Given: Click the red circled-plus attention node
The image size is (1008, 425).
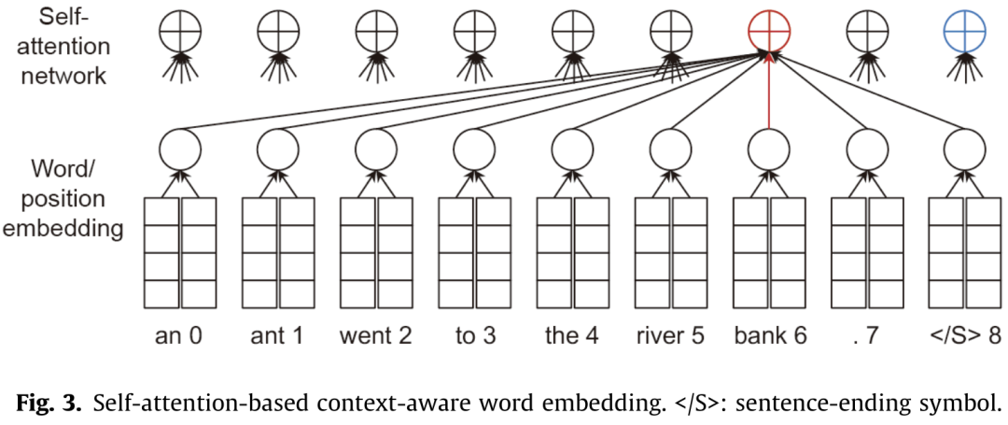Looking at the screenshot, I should point(770,34).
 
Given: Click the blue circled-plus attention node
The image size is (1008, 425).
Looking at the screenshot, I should point(965,34).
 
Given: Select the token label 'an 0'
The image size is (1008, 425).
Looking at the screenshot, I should point(178,334).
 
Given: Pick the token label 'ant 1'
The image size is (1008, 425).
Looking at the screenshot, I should point(276,334).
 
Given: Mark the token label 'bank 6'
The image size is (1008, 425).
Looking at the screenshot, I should point(769,334).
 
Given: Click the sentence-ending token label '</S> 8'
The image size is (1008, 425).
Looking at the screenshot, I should point(963,334).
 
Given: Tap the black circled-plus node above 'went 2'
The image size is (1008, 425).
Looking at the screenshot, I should point(375,34).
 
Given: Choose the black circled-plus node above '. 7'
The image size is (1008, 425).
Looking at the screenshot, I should point(867,34).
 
